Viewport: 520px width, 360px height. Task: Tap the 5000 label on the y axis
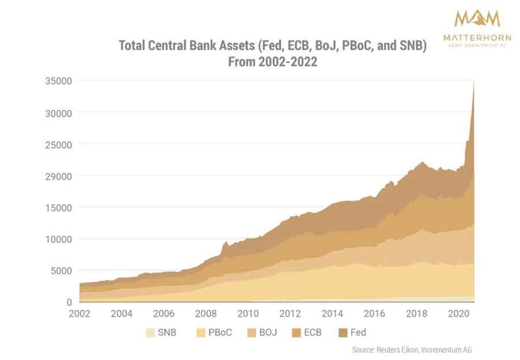(x=60, y=270)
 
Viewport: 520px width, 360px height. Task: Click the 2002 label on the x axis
(x=80, y=314)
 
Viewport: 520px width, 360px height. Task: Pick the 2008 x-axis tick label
(x=206, y=314)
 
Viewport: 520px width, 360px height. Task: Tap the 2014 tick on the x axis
(x=332, y=314)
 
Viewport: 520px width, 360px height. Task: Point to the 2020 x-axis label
(x=459, y=314)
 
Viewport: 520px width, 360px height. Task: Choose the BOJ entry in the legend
(x=260, y=333)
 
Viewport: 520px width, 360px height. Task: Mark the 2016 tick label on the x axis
(x=374, y=314)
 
